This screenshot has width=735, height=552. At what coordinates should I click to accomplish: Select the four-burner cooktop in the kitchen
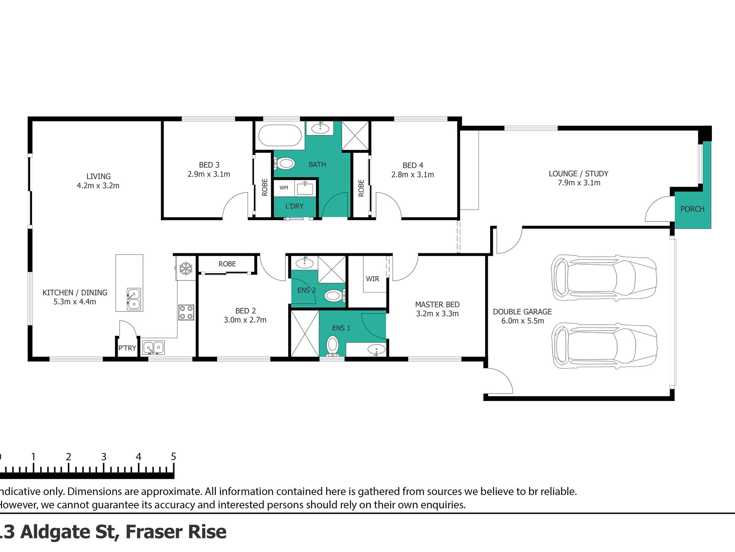(186, 312)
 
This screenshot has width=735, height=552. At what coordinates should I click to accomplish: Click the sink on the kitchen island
(134, 299)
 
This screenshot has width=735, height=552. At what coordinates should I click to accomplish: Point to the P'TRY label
(127, 348)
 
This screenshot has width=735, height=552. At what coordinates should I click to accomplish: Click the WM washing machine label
(284, 188)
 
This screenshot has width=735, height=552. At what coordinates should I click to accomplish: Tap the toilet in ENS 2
(333, 296)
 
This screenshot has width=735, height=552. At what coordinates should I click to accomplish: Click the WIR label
(373, 279)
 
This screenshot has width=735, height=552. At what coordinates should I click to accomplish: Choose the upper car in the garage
(603, 278)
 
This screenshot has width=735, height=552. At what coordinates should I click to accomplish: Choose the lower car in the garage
(603, 346)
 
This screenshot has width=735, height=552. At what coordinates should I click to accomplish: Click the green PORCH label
(692, 209)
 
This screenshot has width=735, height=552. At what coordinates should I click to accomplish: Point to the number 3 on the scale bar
(104, 457)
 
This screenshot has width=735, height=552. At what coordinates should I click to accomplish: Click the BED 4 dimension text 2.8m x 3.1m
(412, 175)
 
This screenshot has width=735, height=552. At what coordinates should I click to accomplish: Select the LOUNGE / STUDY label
(578, 174)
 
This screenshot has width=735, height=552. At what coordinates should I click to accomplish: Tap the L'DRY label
(294, 206)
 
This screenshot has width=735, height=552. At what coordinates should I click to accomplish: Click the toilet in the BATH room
(285, 163)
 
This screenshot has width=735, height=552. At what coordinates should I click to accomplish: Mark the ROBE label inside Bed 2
(227, 264)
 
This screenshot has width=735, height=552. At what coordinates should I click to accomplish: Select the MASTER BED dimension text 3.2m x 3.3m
(437, 314)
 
